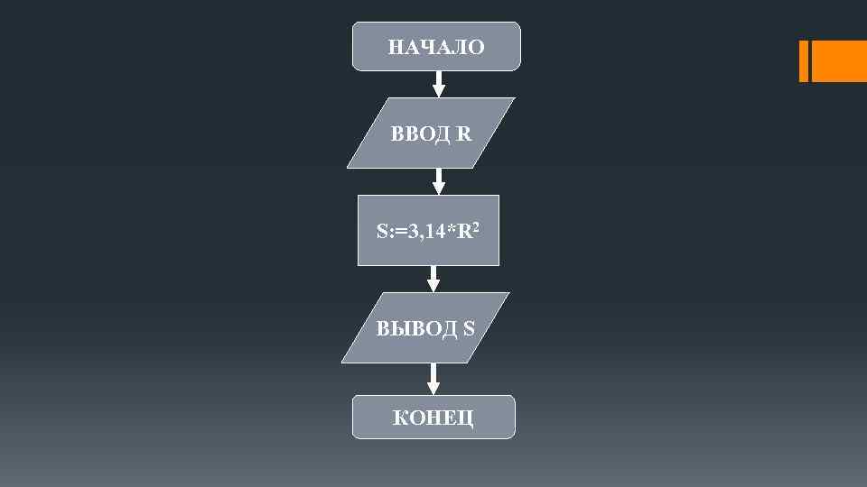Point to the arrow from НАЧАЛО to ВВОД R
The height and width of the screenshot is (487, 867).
(x=439, y=84)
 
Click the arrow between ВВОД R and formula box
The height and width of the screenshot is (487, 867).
(x=438, y=181)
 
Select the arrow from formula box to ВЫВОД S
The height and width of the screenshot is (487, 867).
(x=433, y=279)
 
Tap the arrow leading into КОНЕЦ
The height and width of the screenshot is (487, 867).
(x=433, y=379)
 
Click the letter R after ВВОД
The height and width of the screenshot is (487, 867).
(x=464, y=135)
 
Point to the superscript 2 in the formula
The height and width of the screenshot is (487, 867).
(x=475, y=226)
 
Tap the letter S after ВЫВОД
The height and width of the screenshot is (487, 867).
(x=469, y=329)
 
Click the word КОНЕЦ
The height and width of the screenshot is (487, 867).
(x=433, y=418)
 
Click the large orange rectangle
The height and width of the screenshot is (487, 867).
(x=839, y=61)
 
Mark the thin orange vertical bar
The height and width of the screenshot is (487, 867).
(x=803, y=61)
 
